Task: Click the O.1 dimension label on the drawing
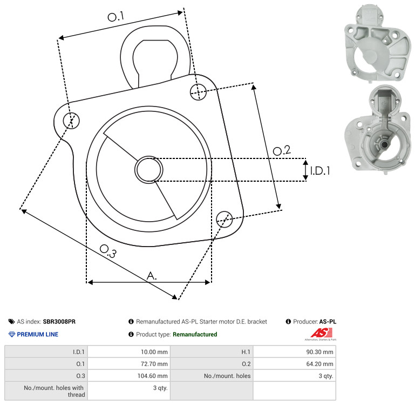[x=116, y=17]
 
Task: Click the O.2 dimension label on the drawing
[x=282, y=150]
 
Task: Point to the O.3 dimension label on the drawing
[x=108, y=251]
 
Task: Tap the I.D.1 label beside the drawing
[x=320, y=171]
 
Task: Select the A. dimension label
[x=152, y=276]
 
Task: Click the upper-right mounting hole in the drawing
[x=198, y=92]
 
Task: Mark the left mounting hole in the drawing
[x=71, y=121]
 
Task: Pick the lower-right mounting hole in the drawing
[x=224, y=219]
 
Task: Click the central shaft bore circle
[x=149, y=170]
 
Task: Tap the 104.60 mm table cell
[x=152, y=376]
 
